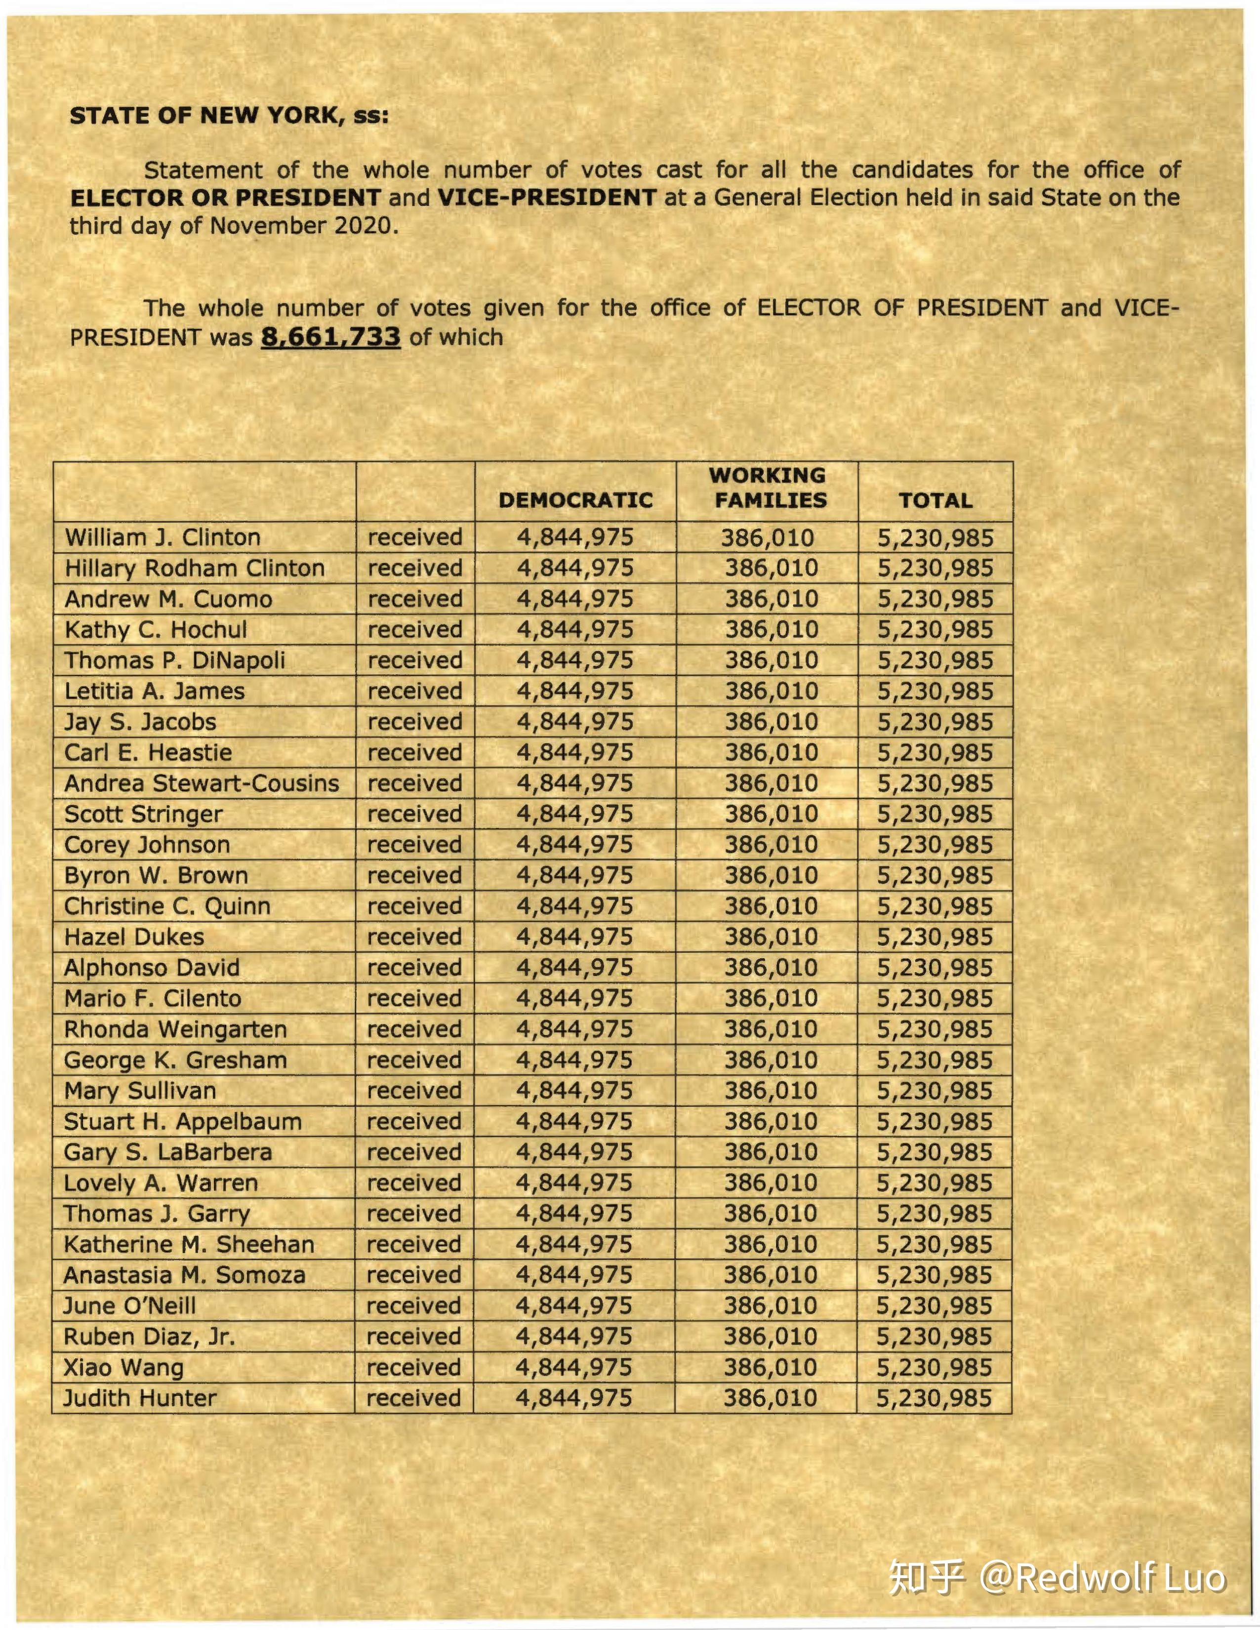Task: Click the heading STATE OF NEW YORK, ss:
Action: (x=229, y=116)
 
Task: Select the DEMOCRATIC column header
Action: (x=575, y=500)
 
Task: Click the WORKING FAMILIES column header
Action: (x=769, y=488)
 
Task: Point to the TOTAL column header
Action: (x=935, y=500)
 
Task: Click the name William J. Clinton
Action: (x=163, y=537)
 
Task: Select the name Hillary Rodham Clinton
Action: (x=195, y=568)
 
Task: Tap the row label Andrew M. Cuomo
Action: (x=169, y=599)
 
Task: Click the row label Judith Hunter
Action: (x=140, y=1397)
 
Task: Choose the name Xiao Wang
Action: (x=124, y=1367)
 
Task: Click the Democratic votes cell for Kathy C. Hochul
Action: (x=575, y=629)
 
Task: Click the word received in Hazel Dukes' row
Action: (x=414, y=937)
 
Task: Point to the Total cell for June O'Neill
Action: (x=934, y=1305)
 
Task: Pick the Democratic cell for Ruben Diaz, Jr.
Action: (x=574, y=1336)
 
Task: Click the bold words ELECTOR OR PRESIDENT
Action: (x=225, y=198)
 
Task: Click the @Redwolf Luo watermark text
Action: (x=1102, y=1577)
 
